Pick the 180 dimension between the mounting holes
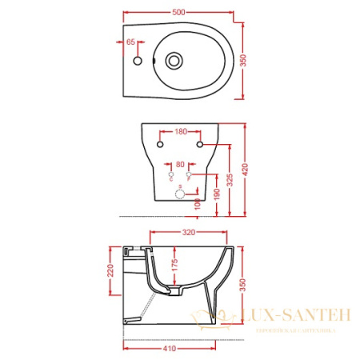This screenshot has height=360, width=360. click(180, 132)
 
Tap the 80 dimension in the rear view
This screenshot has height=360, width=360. click(180, 165)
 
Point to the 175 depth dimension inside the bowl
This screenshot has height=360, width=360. click(174, 269)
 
